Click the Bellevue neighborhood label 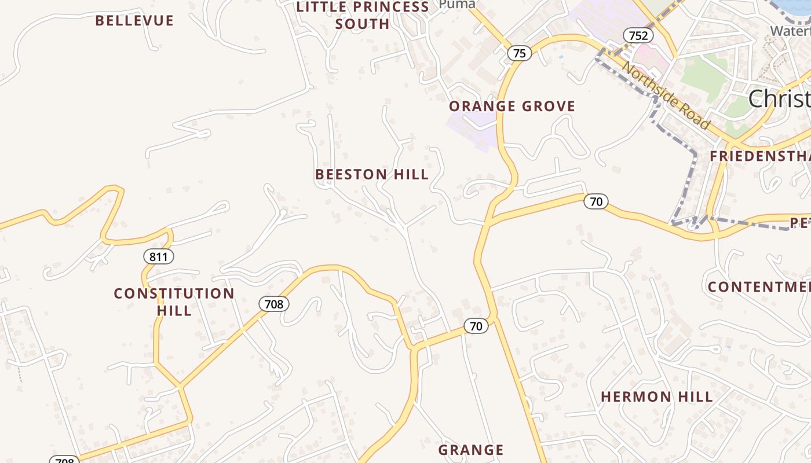click(x=134, y=21)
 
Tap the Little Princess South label click(x=363, y=16)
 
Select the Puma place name click(x=457, y=5)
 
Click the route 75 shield click(x=519, y=53)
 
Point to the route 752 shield click(x=638, y=35)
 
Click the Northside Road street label click(x=666, y=95)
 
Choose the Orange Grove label click(x=512, y=106)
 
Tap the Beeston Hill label click(x=372, y=174)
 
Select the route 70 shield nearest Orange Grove click(x=596, y=201)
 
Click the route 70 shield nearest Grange click(x=476, y=326)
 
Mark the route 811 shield click(x=159, y=256)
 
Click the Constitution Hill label click(x=174, y=302)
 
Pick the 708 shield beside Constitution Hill click(x=273, y=303)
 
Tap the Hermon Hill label click(x=656, y=397)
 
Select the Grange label click(x=470, y=450)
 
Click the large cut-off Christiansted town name click(x=779, y=99)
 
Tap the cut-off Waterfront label click(x=790, y=31)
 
